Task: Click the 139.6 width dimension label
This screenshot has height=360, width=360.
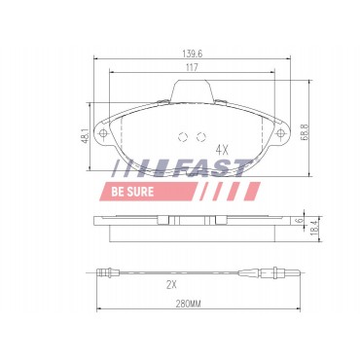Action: tap(192, 54)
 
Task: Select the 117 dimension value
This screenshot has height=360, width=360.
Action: tap(192, 67)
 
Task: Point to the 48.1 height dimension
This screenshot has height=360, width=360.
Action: tap(86, 135)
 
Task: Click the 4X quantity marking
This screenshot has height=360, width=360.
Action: tap(223, 150)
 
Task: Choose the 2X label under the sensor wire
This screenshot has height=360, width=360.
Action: tap(171, 285)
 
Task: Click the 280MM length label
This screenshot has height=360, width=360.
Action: tap(189, 305)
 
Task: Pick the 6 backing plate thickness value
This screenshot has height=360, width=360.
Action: tap(300, 220)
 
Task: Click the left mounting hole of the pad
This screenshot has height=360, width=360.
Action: tap(103, 133)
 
